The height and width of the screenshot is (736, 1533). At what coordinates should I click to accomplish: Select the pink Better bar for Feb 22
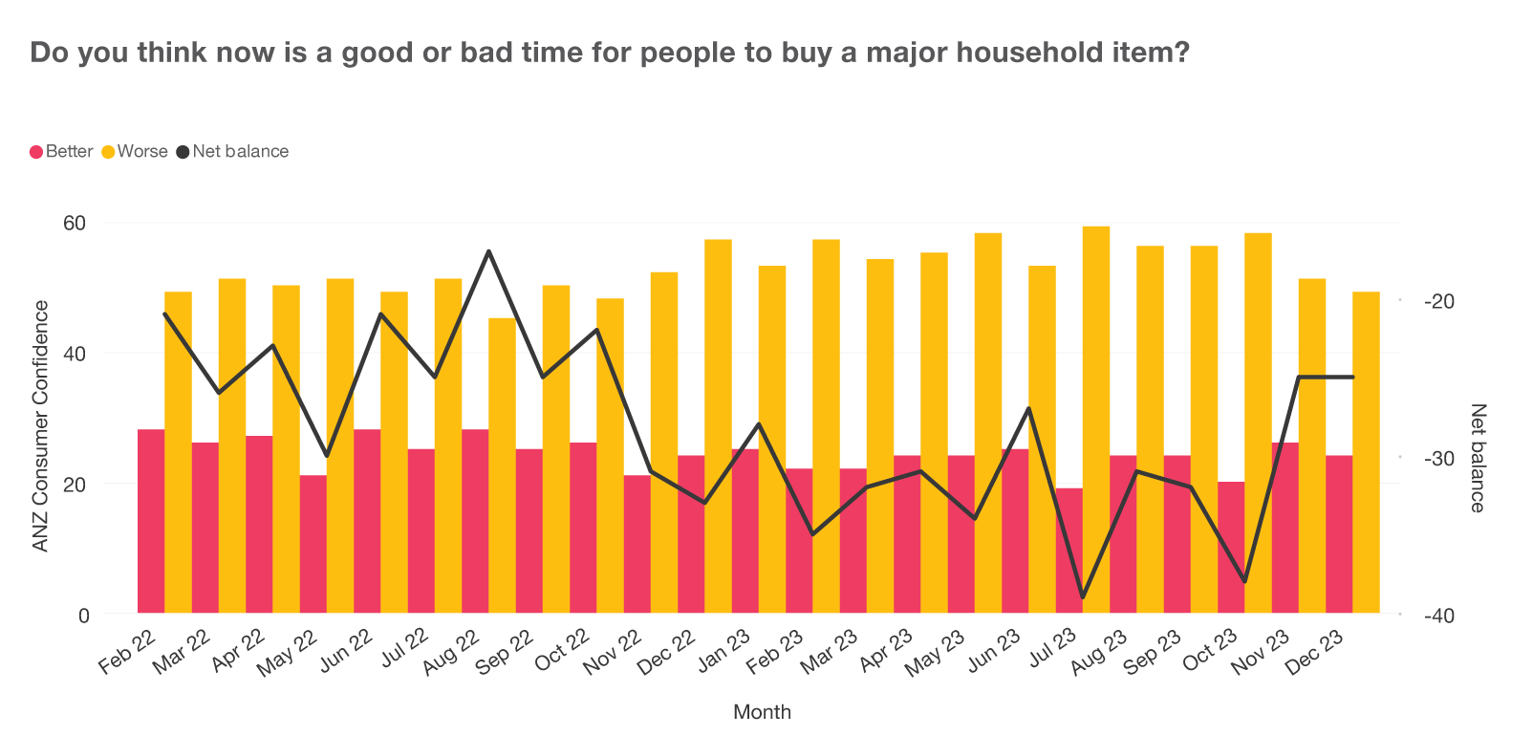(151, 521)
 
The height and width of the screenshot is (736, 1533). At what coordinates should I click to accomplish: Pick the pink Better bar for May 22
(313, 544)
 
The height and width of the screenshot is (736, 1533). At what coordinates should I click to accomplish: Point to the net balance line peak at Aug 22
(489, 250)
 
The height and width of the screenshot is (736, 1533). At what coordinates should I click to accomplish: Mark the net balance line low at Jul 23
(1083, 597)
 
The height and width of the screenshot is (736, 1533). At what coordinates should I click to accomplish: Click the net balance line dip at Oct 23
(1244, 581)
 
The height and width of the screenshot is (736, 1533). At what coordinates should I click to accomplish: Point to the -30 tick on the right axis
(1438, 459)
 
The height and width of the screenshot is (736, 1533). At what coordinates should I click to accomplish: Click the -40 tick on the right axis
(1438, 616)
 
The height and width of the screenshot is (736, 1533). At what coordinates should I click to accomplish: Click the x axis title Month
(762, 711)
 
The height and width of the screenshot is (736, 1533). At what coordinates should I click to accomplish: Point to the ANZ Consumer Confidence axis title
(40, 425)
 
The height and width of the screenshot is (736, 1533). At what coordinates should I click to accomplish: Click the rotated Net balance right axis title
(1478, 458)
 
